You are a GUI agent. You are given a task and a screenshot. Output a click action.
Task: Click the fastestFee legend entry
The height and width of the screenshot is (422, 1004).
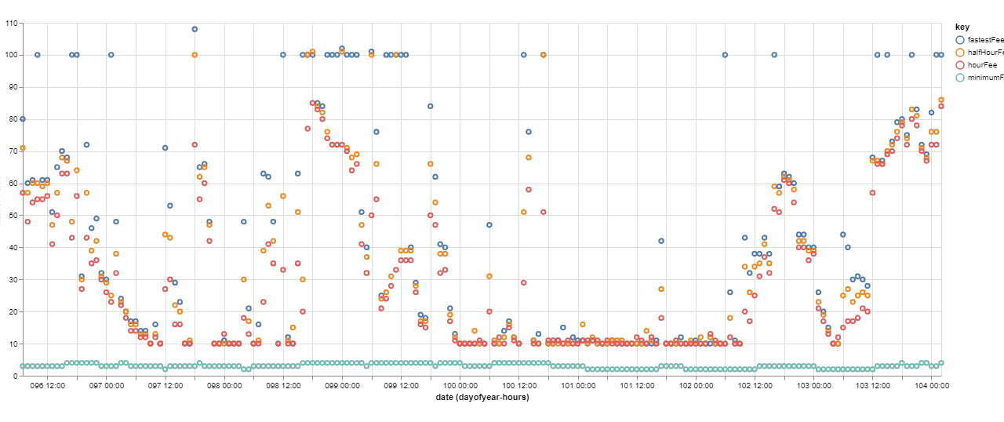point(980,39)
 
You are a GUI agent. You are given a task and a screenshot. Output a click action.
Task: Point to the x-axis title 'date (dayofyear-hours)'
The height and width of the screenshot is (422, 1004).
point(482,398)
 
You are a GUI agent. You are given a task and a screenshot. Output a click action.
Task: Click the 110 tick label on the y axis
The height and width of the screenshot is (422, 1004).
point(12,23)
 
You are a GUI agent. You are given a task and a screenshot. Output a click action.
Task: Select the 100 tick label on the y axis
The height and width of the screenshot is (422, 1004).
point(12,55)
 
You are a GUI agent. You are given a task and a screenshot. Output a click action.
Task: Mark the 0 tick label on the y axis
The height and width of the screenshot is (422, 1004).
point(16,376)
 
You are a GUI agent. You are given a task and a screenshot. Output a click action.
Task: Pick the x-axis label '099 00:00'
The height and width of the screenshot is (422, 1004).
point(342,386)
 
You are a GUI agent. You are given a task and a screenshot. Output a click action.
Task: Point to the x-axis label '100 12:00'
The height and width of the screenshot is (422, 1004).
point(518,386)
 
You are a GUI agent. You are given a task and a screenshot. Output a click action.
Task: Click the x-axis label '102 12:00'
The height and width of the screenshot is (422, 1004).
point(755,386)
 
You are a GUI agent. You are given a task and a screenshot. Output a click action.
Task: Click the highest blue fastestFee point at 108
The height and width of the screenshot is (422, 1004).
point(195,29)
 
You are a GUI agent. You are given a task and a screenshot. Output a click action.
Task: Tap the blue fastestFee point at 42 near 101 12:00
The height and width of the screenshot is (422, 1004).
point(661,241)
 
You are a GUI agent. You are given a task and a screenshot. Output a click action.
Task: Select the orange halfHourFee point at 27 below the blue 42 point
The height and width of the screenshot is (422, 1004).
point(661,289)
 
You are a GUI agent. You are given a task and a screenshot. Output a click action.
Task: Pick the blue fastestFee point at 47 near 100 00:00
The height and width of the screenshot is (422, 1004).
point(489,225)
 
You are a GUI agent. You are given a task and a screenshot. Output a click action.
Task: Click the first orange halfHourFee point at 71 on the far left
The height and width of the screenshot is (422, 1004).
point(23,147)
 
